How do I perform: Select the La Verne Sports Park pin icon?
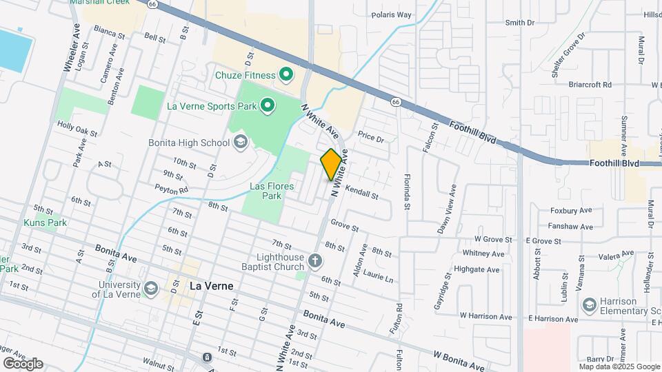click(267, 106)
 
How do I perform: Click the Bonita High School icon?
click(240, 143)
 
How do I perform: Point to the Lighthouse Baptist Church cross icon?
click(315, 261)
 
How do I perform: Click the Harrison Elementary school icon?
click(589, 304)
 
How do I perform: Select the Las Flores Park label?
click(272, 191)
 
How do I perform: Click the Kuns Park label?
click(45, 223)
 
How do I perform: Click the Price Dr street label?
click(370, 138)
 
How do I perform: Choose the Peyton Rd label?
click(171, 189)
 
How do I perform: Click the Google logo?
click(23, 363)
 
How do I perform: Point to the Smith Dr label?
click(520, 23)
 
